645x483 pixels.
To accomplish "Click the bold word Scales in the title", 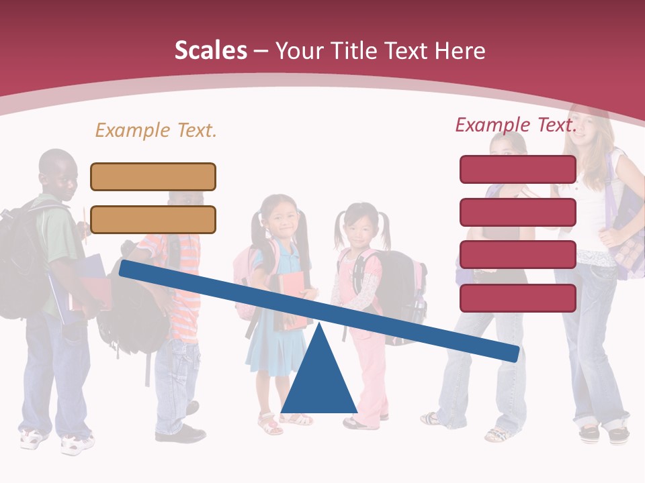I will point(210,50).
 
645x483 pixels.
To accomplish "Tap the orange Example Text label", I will point(156,130).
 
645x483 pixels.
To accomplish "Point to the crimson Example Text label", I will point(516,125).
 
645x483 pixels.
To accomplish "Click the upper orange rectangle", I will point(153,176).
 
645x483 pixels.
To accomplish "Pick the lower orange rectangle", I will point(153,219).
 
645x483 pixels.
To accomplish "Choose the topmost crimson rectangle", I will point(517,169).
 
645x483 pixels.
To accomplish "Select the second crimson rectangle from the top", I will point(517,212).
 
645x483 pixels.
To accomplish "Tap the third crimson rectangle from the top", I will point(517,255).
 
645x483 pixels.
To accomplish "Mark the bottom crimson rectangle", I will point(517,298).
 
